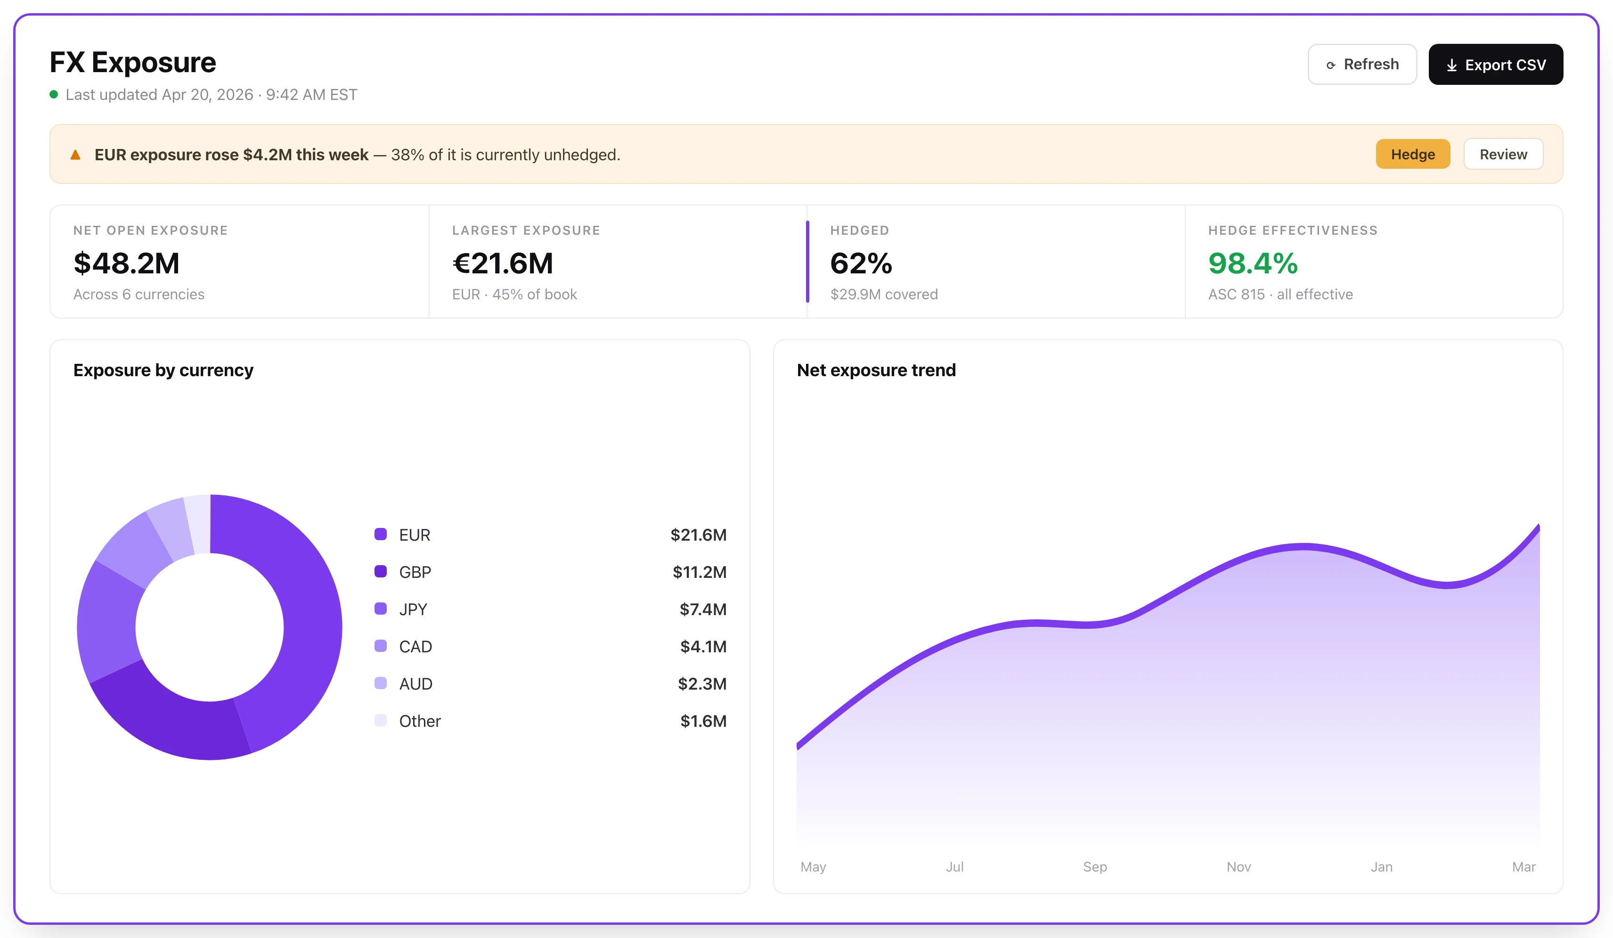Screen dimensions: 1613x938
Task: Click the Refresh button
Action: pyautogui.click(x=1362, y=64)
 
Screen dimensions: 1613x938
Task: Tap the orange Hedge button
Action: pyautogui.click(x=1413, y=154)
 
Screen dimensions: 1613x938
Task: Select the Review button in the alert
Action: pyautogui.click(x=1503, y=154)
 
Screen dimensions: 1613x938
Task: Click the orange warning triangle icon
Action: pyautogui.click(x=75, y=154)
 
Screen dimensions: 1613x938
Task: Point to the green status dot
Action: pyautogui.click(x=54, y=95)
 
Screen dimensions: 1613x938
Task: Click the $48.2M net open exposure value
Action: pyautogui.click(x=127, y=263)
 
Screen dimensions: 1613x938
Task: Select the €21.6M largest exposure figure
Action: pyautogui.click(x=503, y=263)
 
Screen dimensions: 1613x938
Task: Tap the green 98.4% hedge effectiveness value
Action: pyautogui.click(x=1253, y=263)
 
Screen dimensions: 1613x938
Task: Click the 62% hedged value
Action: pyautogui.click(x=861, y=263)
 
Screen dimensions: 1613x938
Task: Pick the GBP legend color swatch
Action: pyautogui.click(x=380, y=571)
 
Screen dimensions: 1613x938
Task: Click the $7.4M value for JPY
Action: pyautogui.click(x=703, y=609)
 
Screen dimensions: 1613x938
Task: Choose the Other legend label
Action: pyautogui.click(x=420, y=721)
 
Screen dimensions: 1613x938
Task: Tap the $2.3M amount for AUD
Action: pyautogui.click(x=702, y=684)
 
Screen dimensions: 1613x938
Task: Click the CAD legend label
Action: pyautogui.click(x=415, y=647)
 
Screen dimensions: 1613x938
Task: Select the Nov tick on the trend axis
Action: pyautogui.click(x=1238, y=866)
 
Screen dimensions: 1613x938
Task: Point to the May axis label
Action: pyautogui.click(x=813, y=867)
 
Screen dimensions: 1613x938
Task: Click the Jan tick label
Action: pyautogui.click(x=1381, y=866)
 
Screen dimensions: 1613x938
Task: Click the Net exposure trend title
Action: pyautogui.click(x=876, y=370)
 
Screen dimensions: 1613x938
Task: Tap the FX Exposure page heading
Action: pyautogui.click(x=133, y=62)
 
